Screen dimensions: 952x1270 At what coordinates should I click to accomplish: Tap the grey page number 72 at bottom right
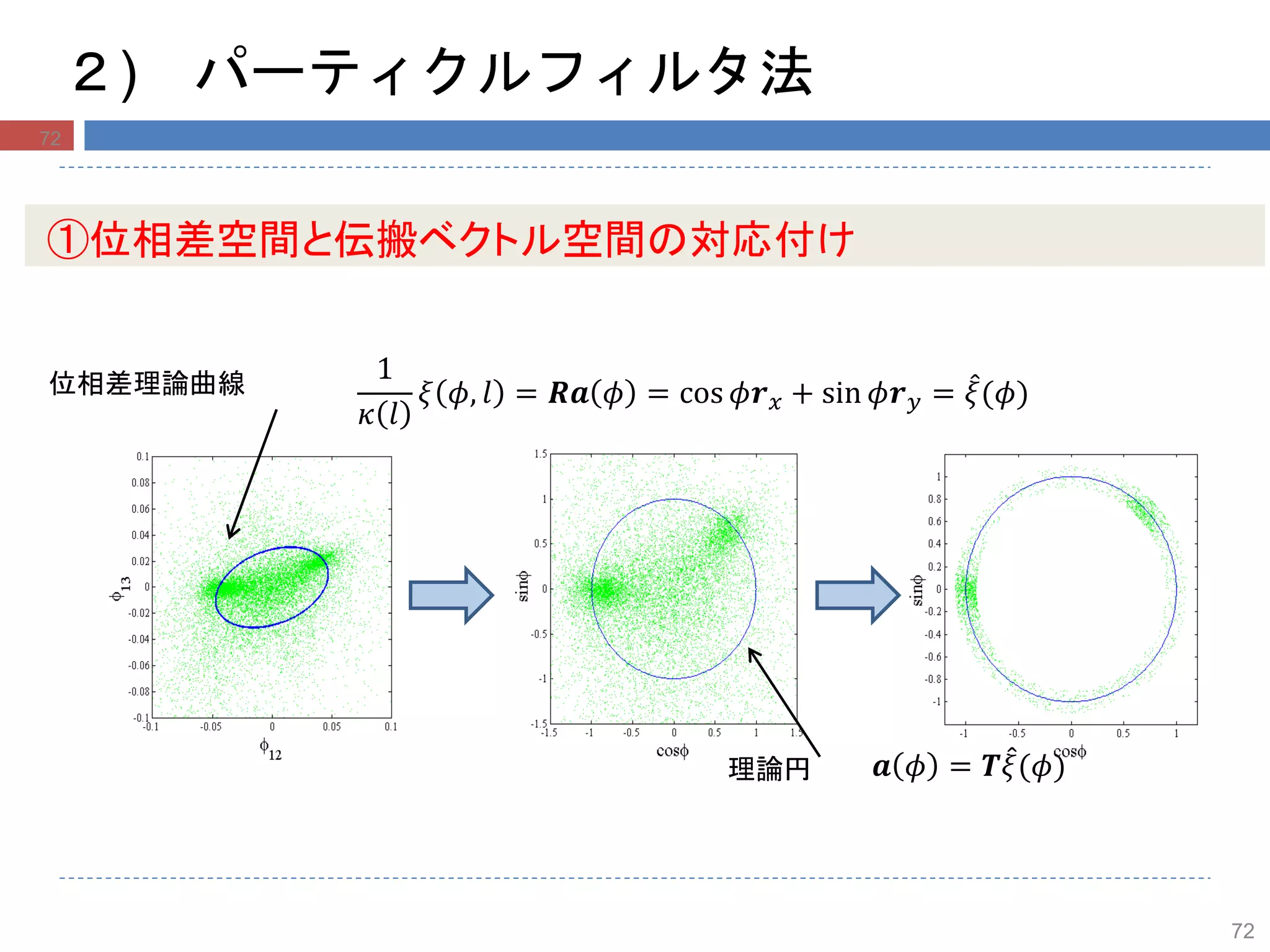coord(1242,930)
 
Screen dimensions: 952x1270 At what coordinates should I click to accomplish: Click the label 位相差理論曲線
coord(147,384)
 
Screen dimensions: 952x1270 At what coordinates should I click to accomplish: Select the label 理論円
coord(768,769)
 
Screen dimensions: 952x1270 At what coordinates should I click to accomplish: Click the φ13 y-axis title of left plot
coord(120,588)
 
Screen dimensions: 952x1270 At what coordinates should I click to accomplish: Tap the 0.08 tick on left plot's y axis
coord(140,483)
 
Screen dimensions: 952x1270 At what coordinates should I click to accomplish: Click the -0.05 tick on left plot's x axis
coord(211,726)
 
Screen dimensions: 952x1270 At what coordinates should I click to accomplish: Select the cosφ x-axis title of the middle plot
coord(672,751)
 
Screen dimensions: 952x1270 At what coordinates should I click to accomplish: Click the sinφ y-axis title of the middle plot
coord(522,586)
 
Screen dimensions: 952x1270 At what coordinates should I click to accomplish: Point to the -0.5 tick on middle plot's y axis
coord(538,634)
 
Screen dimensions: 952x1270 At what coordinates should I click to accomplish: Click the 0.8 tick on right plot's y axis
coord(934,499)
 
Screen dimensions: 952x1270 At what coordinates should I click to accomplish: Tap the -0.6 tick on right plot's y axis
coord(933,657)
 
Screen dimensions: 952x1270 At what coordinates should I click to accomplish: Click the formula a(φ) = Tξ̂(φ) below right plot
coord(967,767)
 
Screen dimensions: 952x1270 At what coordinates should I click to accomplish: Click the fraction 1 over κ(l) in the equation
coord(384,392)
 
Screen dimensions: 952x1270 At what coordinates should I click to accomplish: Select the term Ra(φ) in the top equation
coord(592,393)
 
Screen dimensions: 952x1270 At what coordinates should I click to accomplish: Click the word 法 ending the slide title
coord(786,73)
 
